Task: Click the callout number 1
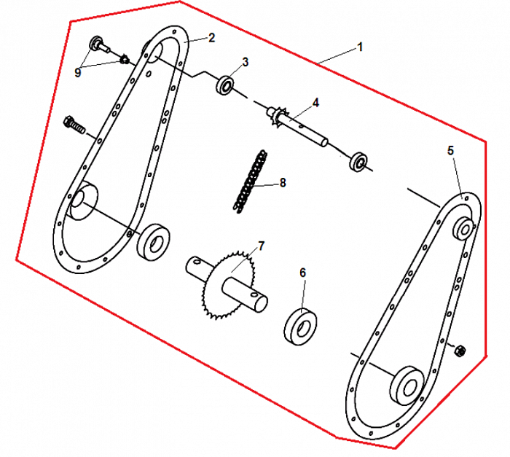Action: tap(359, 47)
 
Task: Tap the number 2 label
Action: tap(212, 38)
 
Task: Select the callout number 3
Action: tap(246, 62)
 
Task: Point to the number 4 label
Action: tap(315, 103)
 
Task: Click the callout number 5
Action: tap(450, 151)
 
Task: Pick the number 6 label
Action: tap(303, 273)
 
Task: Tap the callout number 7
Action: tap(261, 246)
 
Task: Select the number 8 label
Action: tap(283, 183)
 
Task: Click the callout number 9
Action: tap(77, 73)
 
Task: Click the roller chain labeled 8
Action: tap(250, 181)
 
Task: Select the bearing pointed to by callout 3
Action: tap(225, 85)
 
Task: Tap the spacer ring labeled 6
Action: tap(301, 326)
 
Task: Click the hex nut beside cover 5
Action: tap(460, 351)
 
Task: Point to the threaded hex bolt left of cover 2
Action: tap(74, 124)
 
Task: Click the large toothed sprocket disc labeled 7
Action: tap(227, 285)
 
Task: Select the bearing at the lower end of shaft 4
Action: tap(358, 162)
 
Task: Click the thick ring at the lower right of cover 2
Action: tap(153, 242)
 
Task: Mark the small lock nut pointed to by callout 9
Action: tap(125, 60)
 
